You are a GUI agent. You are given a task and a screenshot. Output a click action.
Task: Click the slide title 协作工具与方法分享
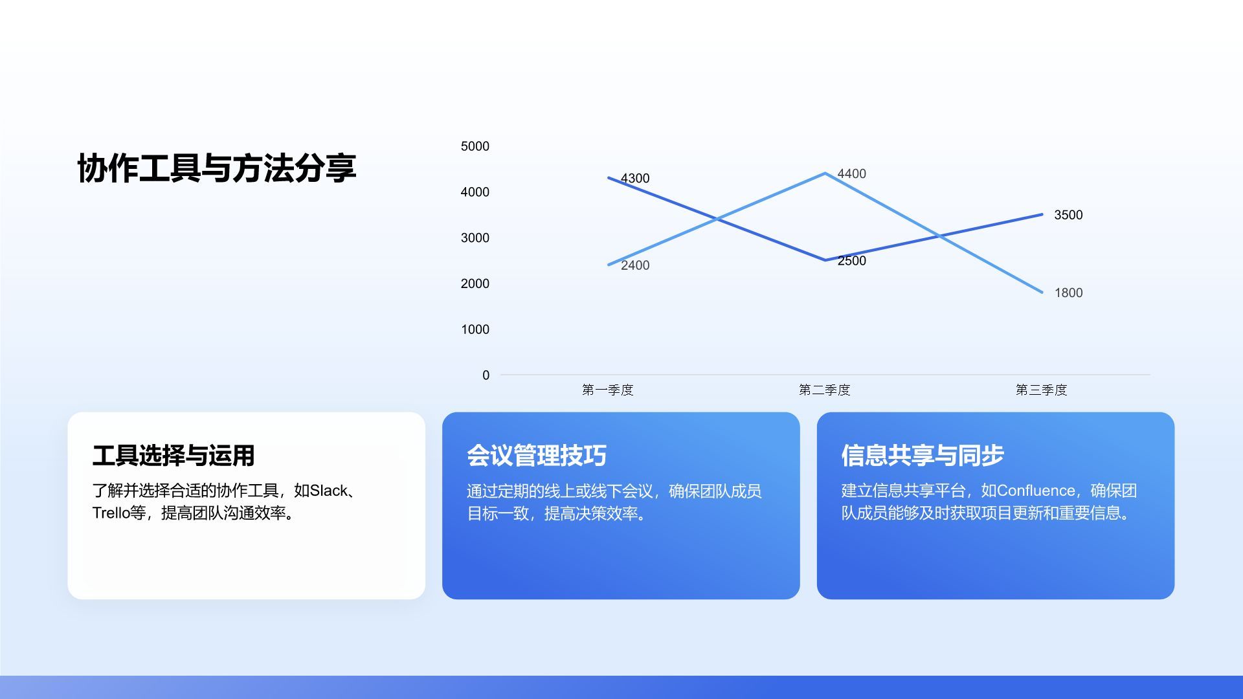tap(216, 168)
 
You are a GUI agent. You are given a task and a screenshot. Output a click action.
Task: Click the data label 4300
tap(634, 179)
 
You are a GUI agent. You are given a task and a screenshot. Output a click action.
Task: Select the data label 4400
tap(851, 174)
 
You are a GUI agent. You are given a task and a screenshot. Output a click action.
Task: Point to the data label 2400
tap(634, 265)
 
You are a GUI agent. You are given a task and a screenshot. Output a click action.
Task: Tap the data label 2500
tap(851, 261)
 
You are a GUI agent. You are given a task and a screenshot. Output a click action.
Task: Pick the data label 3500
tap(1068, 215)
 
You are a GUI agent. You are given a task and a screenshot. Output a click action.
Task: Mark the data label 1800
tap(1068, 293)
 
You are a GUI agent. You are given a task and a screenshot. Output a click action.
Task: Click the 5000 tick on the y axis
tap(475, 146)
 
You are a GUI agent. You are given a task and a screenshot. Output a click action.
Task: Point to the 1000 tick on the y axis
tap(475, 329)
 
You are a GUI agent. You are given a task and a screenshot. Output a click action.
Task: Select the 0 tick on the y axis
tap(486, 375)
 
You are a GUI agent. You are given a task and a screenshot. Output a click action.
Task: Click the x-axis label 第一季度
tap(607, 390)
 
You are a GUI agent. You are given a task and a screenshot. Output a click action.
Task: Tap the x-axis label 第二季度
tap(824, 390)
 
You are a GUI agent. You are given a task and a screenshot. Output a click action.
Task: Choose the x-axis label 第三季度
tap(1041, 390)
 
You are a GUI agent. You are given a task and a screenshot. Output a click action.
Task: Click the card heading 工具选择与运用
tap(173, 456)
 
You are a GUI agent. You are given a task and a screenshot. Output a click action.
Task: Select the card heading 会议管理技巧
tap(536, 456)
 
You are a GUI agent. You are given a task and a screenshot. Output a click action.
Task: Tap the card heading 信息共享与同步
tap(922, 456)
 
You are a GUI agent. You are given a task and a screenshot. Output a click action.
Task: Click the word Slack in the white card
tap(329, 491)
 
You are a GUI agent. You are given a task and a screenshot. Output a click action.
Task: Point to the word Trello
tap(111, 513)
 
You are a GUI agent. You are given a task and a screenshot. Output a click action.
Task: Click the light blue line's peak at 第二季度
tap(825, 173)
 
